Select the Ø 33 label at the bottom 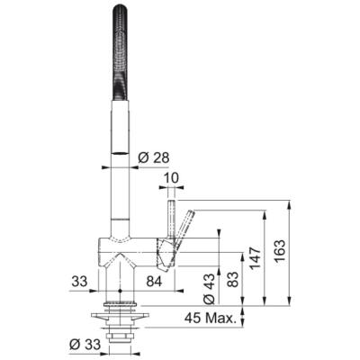click(84, 344)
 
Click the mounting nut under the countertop click(121, 317)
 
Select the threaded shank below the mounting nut click(121, 337)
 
